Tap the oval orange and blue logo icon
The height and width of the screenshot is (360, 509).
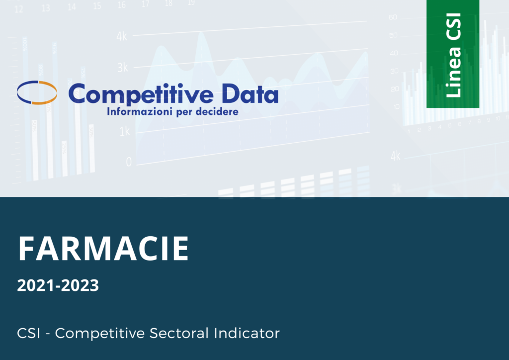[37, 92]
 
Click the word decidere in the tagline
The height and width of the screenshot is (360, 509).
[217, 112]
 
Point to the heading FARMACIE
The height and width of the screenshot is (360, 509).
[103, 249]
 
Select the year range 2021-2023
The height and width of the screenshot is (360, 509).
[58, 286]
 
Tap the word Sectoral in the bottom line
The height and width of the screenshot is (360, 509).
[179, 333]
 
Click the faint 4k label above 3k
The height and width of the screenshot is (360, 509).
[122, 36]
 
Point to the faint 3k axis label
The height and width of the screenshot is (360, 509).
[122, 68]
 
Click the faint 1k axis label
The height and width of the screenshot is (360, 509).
[124, 132]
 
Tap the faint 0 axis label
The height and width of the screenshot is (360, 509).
[129, 162]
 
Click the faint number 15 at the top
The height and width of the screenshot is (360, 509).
[97, 6]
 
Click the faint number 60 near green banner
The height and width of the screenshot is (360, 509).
[393, 17]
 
